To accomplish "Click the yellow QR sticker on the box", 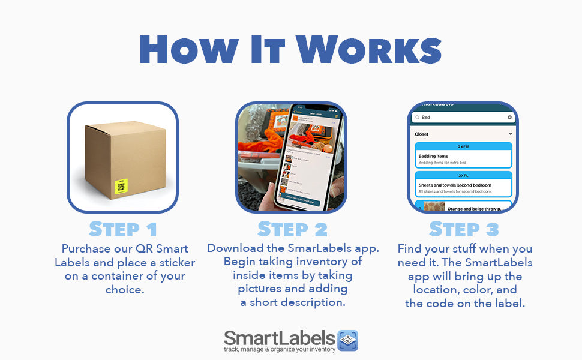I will pyautogui.click(x=122, y=185).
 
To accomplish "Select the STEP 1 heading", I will pyautogui.click(x=122, y=229).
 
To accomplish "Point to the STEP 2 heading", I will pyautogui.click(x=293, y=229).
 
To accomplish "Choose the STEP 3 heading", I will pyautogui.click(x=463, y=229).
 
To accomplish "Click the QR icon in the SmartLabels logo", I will pyautogui.click(x=348, y=340).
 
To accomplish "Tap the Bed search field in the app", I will pyautogui.click(x=459, y=118).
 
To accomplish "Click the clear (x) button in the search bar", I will pyautogui.click(x=510, y=118).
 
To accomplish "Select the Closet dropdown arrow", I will pyautogui.click(x=510, y=134).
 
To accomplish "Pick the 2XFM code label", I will pyautogui.click(x=463, y=146).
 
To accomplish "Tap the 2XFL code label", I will pyautogui.click(x=463, y=175).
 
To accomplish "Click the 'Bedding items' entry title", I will pyautogui.click(x=433, y=156).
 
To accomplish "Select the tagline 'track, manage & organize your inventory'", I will pyautogui.click(x=279, y=349).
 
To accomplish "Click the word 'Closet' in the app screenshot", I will pyautogui.click(x=422, y=134).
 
